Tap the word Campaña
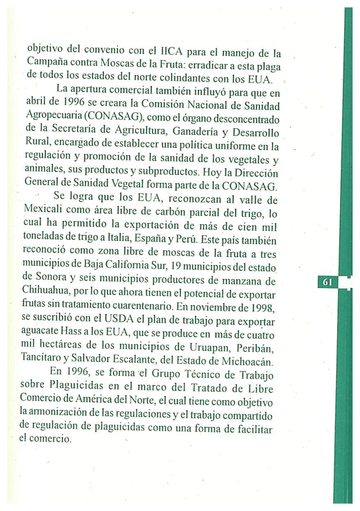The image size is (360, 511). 44,62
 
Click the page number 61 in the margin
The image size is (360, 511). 327,282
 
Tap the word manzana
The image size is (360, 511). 241,281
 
